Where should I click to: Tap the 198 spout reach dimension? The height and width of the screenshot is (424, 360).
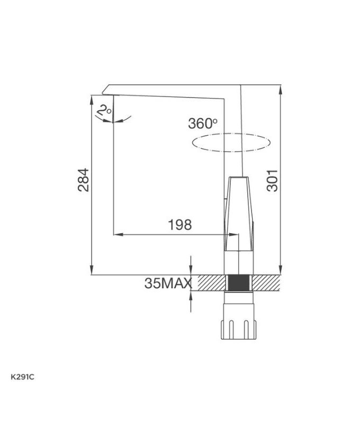coord(179,225)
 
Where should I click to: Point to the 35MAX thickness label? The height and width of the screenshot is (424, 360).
coord(167,284)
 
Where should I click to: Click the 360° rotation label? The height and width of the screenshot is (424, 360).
coord(203,123)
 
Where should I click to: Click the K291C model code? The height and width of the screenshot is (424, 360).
coord(23,377)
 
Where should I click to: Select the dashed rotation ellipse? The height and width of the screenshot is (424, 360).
coord(231,143)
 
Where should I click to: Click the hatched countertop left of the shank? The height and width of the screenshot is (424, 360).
coord(209,282)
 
